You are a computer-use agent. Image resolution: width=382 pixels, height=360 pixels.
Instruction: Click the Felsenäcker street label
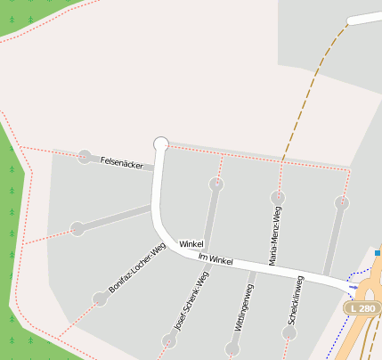[x=123, y=162]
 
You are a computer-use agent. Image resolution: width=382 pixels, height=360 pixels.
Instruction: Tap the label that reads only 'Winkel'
[x=191, y=244]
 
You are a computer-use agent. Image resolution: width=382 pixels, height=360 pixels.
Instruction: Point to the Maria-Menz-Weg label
[x=275, y=237]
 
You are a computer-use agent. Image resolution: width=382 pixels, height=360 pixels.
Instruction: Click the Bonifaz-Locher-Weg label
[x=137, y=270]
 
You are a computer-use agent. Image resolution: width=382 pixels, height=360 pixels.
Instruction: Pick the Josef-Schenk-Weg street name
[x=191, y=301]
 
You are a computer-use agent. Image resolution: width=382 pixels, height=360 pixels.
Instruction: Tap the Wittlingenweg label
[x=244, y=307]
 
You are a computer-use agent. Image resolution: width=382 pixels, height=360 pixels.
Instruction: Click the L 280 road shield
[x=362, y=307]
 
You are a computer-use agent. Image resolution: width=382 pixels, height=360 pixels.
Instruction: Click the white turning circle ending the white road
[x=161, y=143]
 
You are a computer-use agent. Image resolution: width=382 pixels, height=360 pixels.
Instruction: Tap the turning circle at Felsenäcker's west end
[x=85, y=157]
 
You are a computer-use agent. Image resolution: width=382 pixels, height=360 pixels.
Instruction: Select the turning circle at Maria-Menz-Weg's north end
[x=279, y=197]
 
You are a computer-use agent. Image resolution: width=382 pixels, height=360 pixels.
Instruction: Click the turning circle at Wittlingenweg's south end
[x=232, y=349]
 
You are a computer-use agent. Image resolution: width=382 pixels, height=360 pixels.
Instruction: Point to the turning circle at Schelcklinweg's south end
[x=289, y=333]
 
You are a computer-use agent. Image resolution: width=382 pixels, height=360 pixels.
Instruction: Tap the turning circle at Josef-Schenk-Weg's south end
[x=169, y=340]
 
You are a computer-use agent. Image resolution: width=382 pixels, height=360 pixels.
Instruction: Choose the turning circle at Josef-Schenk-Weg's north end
[x=216, y=184]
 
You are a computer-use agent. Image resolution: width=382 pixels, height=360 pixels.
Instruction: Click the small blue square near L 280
[x=378, y=253]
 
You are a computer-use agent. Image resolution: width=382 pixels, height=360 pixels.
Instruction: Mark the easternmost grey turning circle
[x=341, y=203]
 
